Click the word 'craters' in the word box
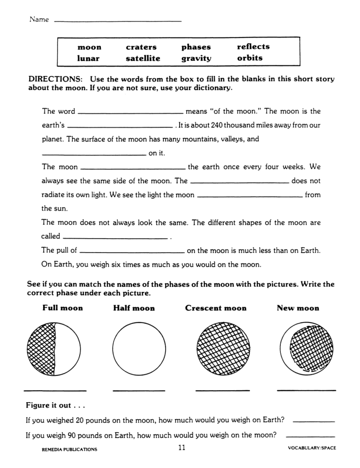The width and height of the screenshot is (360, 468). point(141,47)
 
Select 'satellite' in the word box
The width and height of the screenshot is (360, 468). point(143,58)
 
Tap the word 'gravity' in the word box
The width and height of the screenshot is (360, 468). point(196,58)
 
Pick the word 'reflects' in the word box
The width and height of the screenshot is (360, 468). point(253,46)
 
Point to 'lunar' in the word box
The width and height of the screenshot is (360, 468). point(88,58)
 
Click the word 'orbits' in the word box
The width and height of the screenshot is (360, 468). point(250,58)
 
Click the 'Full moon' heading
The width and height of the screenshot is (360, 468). point(63,308)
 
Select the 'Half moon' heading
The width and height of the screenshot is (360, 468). point(134,308)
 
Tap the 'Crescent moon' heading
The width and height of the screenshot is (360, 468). point(216,308)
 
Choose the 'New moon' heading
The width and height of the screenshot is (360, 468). point(298,308)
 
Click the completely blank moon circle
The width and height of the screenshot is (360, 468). point(139,348)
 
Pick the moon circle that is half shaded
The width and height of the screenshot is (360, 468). point(54,348)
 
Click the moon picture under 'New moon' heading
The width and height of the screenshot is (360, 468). point(307,348)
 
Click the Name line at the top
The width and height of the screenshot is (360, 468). point(117,21)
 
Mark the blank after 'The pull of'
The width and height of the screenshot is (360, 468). point(132,251)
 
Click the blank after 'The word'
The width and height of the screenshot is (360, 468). point(130,112)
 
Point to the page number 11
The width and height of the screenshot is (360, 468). point(181,447)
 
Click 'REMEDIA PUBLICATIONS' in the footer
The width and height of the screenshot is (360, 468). point(69,449)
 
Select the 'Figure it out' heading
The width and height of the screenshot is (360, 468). point(55,405)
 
